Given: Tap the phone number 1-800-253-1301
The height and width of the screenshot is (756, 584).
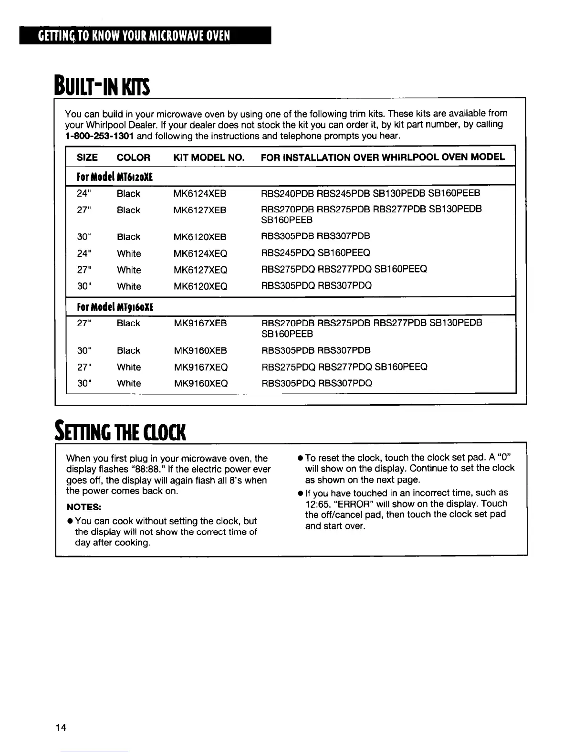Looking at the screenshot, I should pyautogui.click(x=99, y=136).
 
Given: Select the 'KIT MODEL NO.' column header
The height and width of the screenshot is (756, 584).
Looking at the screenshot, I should pyautogui.click(x=209, y=157).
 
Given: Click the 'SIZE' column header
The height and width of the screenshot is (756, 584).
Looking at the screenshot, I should pyautogui.click(x=87, y=157).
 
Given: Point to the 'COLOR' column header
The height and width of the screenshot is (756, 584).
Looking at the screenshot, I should pyautogui.click(x=134, y=157).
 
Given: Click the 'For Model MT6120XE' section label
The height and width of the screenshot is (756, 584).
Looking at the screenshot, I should pyautogui.click(x=115, y=177).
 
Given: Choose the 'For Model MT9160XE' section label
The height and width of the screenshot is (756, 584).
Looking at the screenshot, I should pyautogui.click(x=115, y=306).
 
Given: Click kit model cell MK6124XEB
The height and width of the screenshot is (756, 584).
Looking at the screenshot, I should pyautogui.click(x=200, y=194).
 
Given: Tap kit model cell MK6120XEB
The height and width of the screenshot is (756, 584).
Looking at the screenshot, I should pyautogui.click(x=200, y=237).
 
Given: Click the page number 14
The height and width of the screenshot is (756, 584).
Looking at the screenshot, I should pyautogui.click(x=61, y=727).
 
